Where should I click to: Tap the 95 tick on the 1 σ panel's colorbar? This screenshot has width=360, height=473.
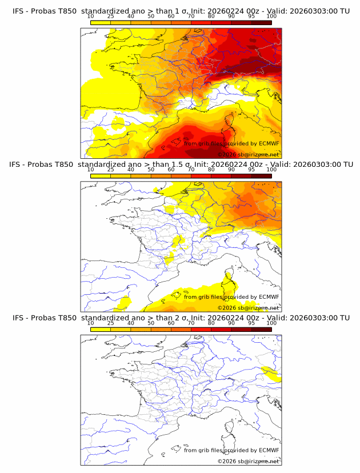[x=251, y=16]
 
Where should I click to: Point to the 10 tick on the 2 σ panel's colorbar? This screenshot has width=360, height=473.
[x=91, y=323]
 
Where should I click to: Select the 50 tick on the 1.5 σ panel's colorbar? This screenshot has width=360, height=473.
[x=151, y=170]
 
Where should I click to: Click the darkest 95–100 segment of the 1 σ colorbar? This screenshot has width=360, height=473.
[x=261, y=22]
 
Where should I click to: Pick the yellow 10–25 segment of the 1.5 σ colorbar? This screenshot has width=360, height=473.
[x=101, y=176]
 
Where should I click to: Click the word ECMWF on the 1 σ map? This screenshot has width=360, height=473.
[x=269, y=143]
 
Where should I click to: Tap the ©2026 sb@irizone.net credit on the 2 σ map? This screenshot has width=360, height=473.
[x=248, y=462]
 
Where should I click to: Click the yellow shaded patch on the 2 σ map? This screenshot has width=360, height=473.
[x=271, y=374]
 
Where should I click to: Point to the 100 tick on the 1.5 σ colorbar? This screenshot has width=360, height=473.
[x=271, y=170]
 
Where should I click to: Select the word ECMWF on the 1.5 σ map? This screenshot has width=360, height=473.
[x=269, y=296]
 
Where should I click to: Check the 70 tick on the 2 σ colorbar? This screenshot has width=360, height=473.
[x=191, y=323]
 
